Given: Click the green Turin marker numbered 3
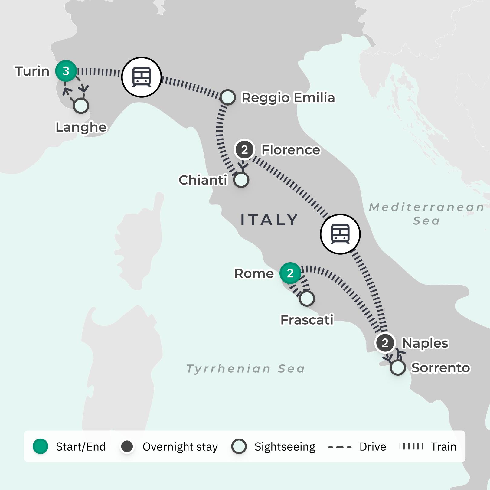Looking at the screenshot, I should (x=66, y=71).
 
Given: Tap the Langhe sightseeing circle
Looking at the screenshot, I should (x=81, y=106).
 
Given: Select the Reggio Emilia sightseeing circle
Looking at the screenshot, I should (x=228, y=97).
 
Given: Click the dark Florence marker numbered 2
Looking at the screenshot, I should (x=244, y=149).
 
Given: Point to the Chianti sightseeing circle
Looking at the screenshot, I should (x=241, y=180).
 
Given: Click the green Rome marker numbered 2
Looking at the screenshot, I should (x=290, y=273).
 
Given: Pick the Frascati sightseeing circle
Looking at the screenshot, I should (x=307, y=299).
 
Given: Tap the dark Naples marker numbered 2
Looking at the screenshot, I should (x=385, y=343).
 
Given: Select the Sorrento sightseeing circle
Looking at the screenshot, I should (x=398, y=367).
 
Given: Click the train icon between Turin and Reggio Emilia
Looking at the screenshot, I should (x=142, y=77).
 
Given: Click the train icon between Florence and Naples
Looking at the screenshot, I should (x=340, y=234).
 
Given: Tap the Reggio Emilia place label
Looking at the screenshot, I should (x=288, y=98).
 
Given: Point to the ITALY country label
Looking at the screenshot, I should (x=269, y=220).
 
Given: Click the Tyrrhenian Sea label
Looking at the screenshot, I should (x=245, y=369).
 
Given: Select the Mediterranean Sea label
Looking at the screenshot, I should (x=426, y=214).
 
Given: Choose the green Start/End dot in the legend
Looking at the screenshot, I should (x=41, y=446).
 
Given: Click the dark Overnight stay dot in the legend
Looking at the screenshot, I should (x=127, y=446).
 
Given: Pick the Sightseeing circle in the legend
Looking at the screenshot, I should (x=239, y=446).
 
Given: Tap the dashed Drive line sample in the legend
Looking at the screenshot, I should (x=340, y=447).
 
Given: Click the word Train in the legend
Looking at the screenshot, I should (x=443, y=447).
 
